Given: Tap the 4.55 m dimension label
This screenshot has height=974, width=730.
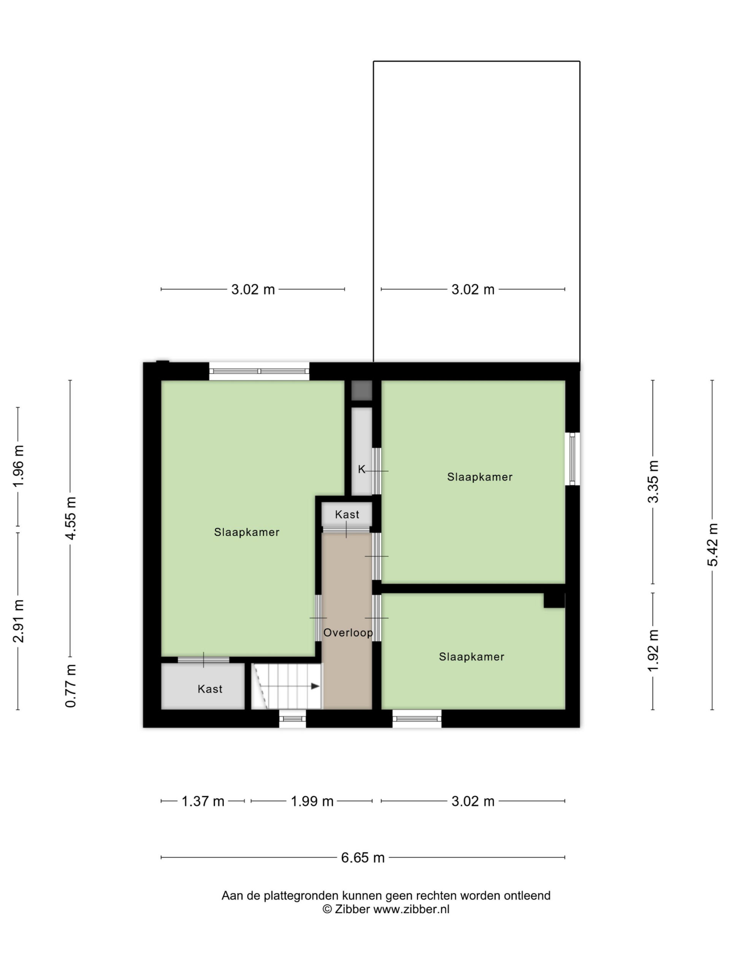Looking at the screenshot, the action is tap(70, 518).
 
